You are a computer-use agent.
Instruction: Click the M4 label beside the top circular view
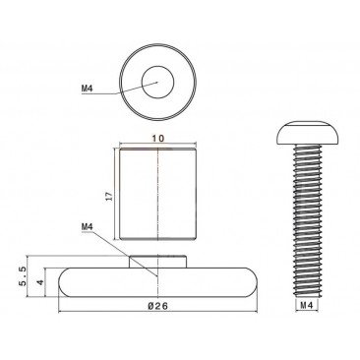pyautogui.click(x=87, y=89)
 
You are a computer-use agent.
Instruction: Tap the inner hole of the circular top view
pyautogui.click(x=157, y=82)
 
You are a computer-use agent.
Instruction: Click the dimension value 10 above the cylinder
pyautogui.click(x=157, y=139)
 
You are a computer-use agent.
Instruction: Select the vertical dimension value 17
pyautogui.click(x=110, y=196)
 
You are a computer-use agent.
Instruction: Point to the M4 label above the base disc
pyautogui.click(x=87, y=227)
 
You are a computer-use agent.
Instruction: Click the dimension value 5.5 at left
pyautogui.click(x=23, y=276)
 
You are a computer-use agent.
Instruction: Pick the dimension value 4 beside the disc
pyautogui.click(x=40, y=282)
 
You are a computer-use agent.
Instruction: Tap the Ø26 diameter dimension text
pyautogui.click(x=158, y=306)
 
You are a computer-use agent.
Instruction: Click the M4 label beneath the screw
pyautogui.click(x=307, y=305)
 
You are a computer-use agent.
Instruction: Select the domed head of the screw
pyautogui.click(x=307, y=133)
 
